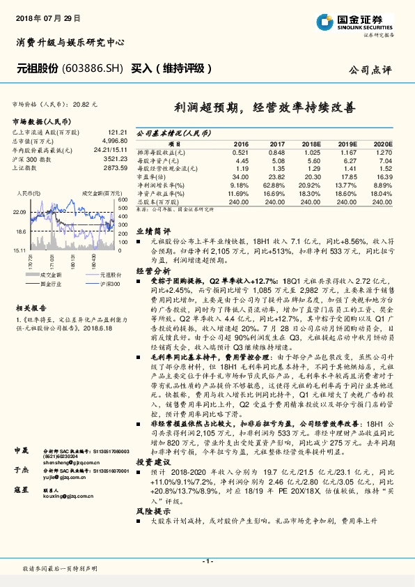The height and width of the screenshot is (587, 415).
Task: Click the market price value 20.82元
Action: (85, 103)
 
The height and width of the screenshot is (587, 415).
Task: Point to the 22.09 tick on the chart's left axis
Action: (19, 211)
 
